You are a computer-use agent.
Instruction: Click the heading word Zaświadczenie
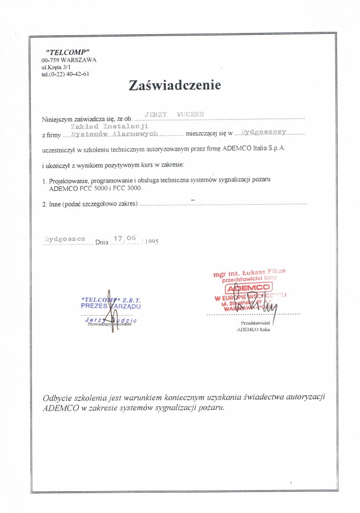point(174,85)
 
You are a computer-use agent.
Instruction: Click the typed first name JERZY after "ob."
point(158,115)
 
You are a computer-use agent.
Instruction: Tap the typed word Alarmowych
point(134,133)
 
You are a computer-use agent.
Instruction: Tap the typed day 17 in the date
point(118,238)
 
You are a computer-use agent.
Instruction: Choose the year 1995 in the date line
point(151,242)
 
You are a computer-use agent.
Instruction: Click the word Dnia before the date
point(102,242)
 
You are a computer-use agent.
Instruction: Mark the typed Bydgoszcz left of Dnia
point(64,238)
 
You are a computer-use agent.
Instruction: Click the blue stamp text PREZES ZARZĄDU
point(110,306)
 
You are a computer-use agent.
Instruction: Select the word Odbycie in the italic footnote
point(59,397)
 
